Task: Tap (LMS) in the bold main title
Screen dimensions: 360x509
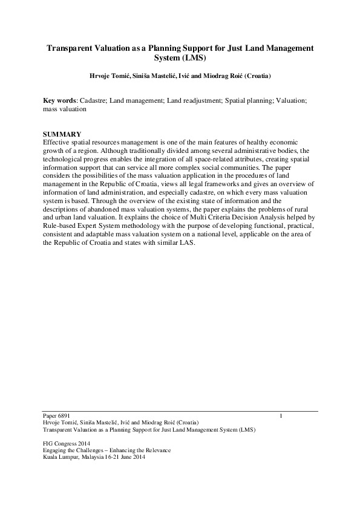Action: [x=192, y=57]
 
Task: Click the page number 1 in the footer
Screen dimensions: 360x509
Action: [x=281, y=416]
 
